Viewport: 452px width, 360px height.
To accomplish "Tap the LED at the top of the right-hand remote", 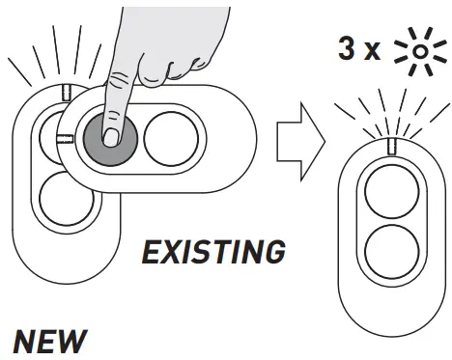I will (392, 147).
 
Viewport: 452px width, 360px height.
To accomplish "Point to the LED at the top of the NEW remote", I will (64, 93).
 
